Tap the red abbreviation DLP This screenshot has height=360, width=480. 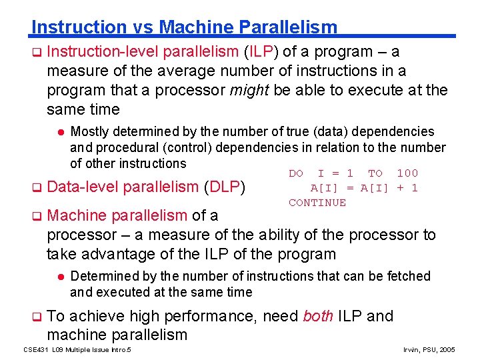[x=225, y=188]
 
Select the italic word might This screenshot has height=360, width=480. [x=249, y=90]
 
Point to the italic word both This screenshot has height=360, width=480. [x=318, y=316]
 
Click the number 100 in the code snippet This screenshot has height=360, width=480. [x=407, y=173]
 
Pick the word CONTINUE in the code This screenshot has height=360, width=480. [x=317, y=203]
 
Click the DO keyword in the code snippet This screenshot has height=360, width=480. [x=296, y=173]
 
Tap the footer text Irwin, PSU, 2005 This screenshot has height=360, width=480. [x=430, y=349]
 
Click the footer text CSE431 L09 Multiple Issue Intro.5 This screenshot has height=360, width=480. [x=77, y=349]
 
